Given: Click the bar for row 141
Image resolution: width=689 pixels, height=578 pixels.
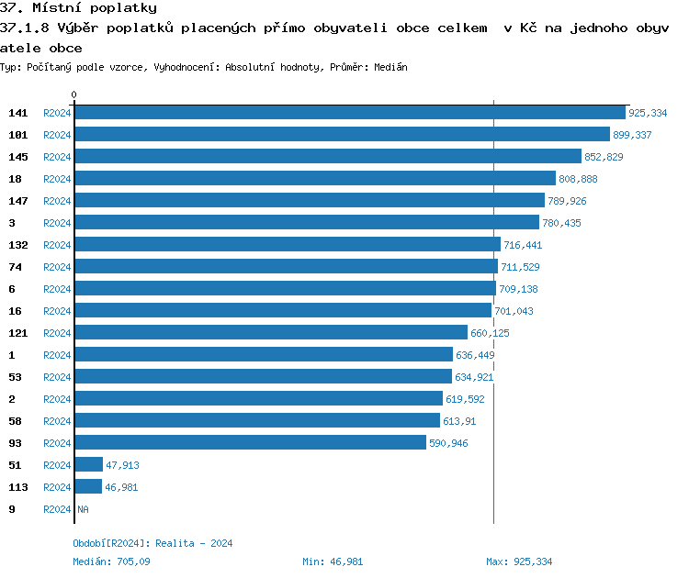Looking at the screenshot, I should (x=349, y=113).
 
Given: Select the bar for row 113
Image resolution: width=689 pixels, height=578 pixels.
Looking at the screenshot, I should (x=88, y=487).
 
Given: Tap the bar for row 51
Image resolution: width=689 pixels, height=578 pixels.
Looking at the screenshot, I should (x=88, y=465).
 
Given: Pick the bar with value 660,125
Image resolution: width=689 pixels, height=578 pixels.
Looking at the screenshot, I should (x=271, y=333).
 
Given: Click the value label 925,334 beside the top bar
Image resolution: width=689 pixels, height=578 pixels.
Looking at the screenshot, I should (x=648, y=113).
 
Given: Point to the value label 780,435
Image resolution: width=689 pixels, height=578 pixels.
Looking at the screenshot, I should (x=561, y=223).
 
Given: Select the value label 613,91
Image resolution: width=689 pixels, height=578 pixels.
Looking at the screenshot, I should (x=461, y=421).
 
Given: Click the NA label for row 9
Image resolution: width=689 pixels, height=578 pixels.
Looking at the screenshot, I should (x=83, y=509).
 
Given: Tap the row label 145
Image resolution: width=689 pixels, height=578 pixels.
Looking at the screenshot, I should (x=18, y=157).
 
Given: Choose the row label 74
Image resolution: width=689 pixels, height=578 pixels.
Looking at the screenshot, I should (x=15, y=267).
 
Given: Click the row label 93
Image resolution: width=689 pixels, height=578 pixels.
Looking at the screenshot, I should (x=15, y=443).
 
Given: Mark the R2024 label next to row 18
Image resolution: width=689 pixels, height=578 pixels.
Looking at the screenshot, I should (x=57, y=179).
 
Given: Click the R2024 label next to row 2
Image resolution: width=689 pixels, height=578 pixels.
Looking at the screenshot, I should (x=57, y=399).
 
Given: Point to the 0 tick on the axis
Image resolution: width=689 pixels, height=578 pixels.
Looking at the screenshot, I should (x=74, y=94).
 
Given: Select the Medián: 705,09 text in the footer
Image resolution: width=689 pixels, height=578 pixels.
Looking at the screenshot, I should (x=111, y=561).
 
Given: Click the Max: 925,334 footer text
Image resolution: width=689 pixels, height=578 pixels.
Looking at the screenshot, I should (x=519, y=561).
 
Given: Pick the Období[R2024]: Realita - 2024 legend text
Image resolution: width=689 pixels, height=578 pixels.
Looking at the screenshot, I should (x=152, y=543).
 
